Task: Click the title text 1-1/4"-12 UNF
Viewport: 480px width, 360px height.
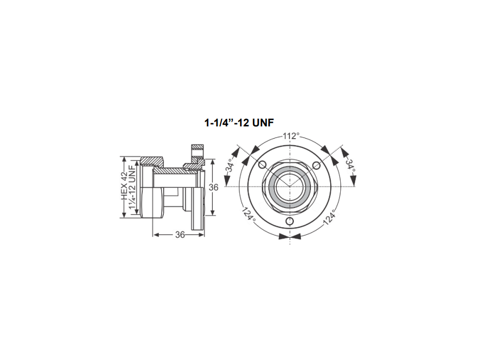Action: (239, 122)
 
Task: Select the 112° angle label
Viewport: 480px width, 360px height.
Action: (290, 135)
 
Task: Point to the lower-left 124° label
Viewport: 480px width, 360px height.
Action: (249, 214)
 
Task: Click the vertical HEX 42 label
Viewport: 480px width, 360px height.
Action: (124, 186)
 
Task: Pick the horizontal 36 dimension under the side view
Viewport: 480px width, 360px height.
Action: (180, 235)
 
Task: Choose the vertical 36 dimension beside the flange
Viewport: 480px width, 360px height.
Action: (213, 187)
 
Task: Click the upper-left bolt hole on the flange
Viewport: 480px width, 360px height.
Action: (262, 164)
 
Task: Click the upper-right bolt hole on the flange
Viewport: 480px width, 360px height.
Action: (317, 164)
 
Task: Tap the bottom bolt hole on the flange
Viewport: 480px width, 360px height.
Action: (290, 221)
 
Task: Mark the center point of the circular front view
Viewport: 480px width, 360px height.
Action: (290, 186)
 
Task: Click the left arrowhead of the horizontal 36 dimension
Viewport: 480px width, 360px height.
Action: (156, 235)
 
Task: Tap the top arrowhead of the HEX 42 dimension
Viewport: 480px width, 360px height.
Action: (124, 159)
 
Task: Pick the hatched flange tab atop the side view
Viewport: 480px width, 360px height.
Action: (198, 146)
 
